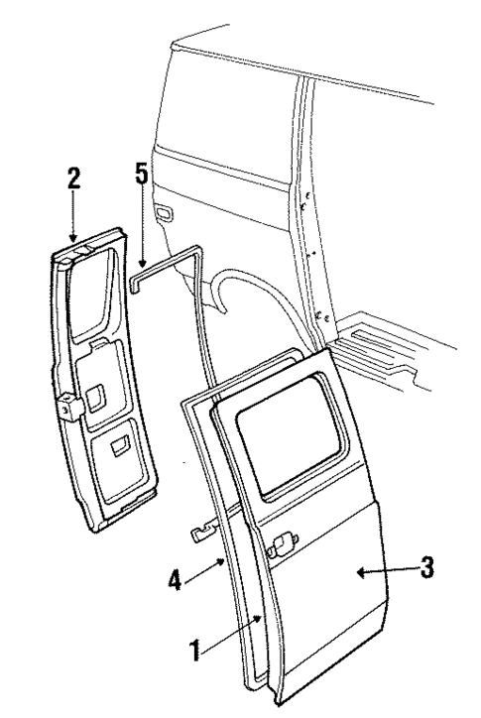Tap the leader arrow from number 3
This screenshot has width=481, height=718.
pos(382,570)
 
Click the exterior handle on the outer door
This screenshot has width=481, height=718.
pos(280,542)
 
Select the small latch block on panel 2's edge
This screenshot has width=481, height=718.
pos(68,407)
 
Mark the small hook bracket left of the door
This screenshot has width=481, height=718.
pos(203,533)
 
